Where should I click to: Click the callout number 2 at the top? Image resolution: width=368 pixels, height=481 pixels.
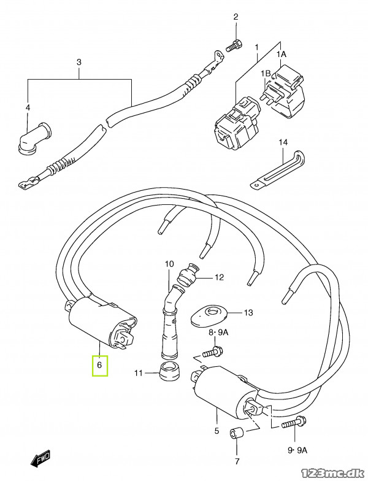pos(236,17)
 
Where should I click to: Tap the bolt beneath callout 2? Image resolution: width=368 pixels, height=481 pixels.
pos(234,45)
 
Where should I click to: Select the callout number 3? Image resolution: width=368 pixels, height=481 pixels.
pos(79,63)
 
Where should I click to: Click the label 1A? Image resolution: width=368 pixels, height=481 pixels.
pos(281,55)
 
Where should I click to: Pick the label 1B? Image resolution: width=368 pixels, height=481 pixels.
pos(266,74)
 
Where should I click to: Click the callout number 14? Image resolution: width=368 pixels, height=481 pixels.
pos(283,142)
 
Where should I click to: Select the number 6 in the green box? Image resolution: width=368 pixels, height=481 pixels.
pos(99,364)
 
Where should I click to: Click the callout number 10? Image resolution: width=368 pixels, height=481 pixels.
pos(169,264)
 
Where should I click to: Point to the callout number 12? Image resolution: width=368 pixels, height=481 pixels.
pos(220,277)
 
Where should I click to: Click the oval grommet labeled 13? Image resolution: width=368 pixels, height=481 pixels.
pos(210,315)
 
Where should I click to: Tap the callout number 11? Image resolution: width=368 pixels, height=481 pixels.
pos(139,373)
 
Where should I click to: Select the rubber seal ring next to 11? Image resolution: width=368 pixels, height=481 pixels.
pos(169,369)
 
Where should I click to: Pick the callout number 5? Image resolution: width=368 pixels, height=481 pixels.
pos(217,431)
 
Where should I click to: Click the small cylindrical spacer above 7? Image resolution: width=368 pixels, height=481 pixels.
pos(237,433)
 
